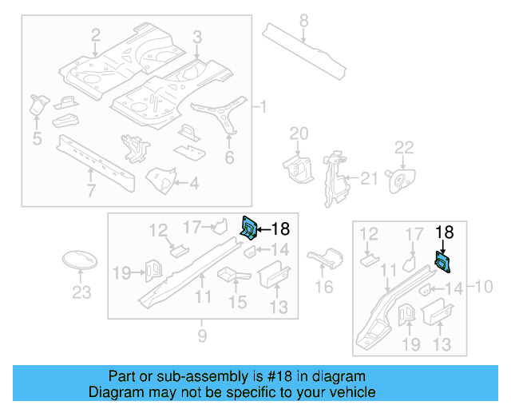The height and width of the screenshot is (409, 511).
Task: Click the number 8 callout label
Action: click(x=303, y=19)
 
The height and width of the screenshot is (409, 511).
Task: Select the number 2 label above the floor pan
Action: click(x=95, y=35)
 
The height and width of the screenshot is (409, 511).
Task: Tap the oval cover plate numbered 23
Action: click(x=80, y=262)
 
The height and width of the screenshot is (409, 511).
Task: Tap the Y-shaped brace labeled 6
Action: click(x=227, y=113)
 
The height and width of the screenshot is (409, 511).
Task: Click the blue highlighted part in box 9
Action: click(x=250, y=228)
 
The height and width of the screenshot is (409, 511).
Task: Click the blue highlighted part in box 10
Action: click(x=442, y=261)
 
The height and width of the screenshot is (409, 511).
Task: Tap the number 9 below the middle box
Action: click(x=203, y=335)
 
